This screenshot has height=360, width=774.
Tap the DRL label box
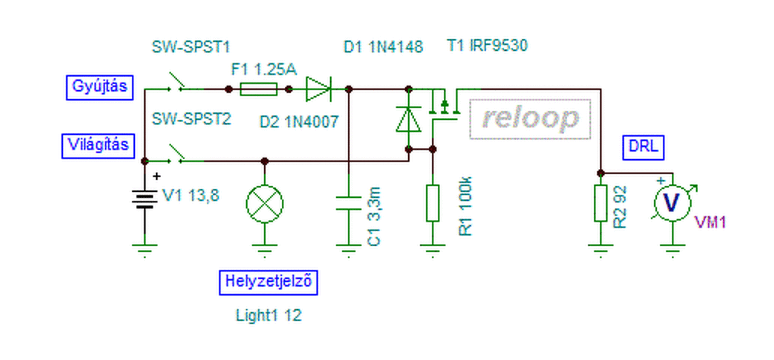coord(643,147)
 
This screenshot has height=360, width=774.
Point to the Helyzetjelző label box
coord(268,282)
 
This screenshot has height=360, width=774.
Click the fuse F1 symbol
coord(259,90)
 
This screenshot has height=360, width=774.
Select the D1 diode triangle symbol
coord(318,90)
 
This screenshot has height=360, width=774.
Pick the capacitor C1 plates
coord(348,202)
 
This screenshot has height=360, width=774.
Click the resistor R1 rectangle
coord(432,203)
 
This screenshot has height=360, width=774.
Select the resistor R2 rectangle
coord(600,203)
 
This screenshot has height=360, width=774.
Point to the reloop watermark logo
coord(530,119)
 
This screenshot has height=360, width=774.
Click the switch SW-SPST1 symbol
coord(178,85)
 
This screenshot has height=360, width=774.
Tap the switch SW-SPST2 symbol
coord(178,155)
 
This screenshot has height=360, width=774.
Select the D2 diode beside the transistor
coord(408,119)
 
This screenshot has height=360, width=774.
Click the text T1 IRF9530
coord(487,46)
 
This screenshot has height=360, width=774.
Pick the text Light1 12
coord(268,315)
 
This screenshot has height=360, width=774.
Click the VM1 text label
coord(711,223)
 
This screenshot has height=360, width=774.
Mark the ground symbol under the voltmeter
coord(672,248)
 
